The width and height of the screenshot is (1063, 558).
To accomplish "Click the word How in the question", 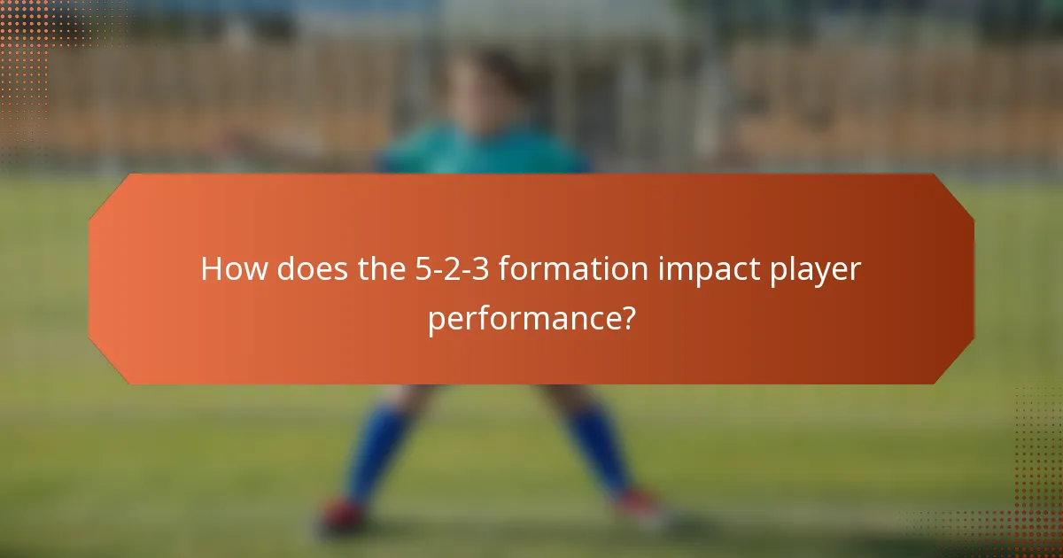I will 233,269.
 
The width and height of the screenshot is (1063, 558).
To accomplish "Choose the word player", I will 817,269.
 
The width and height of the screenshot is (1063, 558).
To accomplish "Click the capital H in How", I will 211,269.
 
